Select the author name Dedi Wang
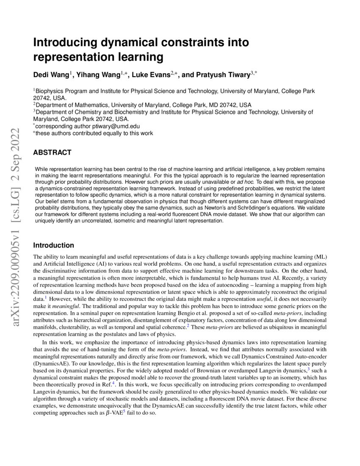click(51, 75)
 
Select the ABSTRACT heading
click(52, 153)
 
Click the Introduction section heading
click(53, 245)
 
